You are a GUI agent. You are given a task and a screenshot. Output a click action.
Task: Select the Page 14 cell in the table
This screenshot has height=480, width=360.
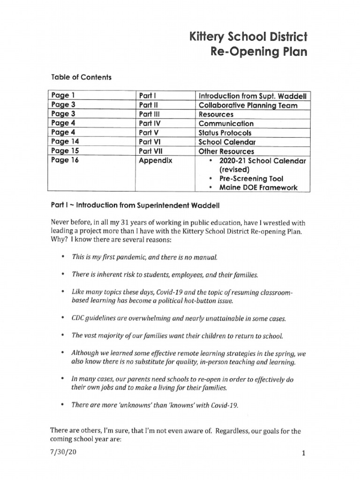click(x=65, y=142)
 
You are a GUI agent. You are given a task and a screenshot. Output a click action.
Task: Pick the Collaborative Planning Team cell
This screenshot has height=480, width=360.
click(x=248, y=105)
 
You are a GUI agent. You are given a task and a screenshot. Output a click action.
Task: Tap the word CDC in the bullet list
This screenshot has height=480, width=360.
click(x=78, y=318)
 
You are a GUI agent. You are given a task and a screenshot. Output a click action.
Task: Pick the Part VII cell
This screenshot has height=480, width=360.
click(x=150, y=151)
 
